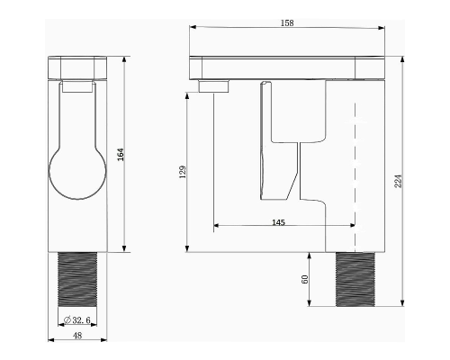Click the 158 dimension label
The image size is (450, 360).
pos(287,23)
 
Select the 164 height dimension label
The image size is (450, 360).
pos(121,154)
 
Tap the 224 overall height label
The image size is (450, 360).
pos(398,181)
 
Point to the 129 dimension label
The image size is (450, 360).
pos(183,172)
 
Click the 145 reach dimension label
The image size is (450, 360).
pos(278,222)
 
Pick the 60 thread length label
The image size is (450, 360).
pos(304,279)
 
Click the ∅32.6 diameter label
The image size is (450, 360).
pos(77,320)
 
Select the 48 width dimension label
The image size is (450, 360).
pos(77,336)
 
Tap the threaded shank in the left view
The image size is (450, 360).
pos(77,279)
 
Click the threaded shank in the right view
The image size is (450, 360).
pos(355,279)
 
